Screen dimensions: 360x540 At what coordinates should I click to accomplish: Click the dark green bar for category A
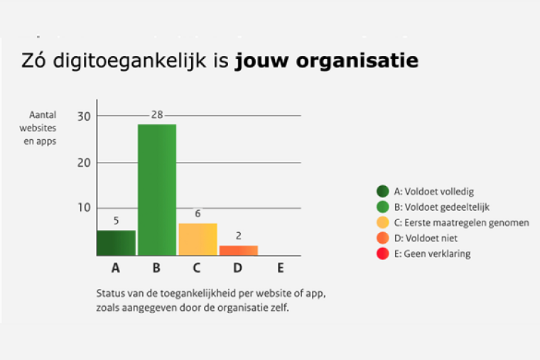coord(116,242)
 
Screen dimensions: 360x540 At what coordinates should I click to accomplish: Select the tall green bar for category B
coord(157,190)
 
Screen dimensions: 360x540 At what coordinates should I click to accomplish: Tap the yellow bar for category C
coord(198,239)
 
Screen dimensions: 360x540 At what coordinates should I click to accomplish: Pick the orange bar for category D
coord(238,250)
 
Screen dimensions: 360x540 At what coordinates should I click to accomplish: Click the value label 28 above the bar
coord(157,115)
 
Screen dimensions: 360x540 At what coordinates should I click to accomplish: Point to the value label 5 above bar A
coord(116,221)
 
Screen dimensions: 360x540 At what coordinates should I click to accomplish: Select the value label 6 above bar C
coord(198,214)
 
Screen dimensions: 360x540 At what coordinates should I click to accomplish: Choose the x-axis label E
coord(280,268)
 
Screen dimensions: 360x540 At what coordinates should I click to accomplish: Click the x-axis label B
coord(157,268)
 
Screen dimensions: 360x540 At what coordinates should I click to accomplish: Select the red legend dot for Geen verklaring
coord(383,253)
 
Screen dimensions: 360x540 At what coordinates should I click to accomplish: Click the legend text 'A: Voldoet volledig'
coord(433,191)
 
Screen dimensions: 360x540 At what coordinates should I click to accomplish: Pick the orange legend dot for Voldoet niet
coord(383,238)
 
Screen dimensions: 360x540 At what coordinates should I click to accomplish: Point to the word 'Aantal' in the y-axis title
coord(43,114)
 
